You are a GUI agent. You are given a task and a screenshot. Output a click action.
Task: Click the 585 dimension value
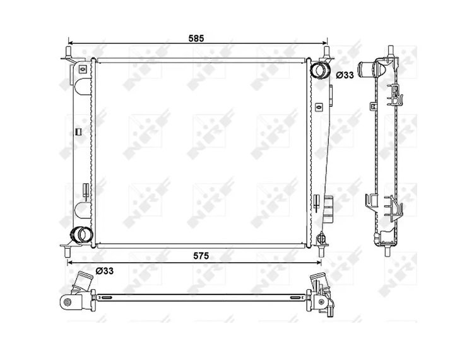[196, 38]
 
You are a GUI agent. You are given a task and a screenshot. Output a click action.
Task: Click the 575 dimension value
[201, 256]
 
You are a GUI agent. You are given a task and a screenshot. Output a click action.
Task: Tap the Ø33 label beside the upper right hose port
[345, 75]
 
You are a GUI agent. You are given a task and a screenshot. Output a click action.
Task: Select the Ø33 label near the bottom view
[105, 271]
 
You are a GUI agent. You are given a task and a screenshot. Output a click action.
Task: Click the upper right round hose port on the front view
[320, 69]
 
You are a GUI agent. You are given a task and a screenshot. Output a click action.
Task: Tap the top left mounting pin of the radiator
[68, 52]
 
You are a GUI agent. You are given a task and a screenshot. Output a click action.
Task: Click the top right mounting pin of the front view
[327, 52]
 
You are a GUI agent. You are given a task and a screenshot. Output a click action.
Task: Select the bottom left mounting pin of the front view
[68, 251]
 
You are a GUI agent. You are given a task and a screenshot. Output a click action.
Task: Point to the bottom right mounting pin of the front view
[321, 251]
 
